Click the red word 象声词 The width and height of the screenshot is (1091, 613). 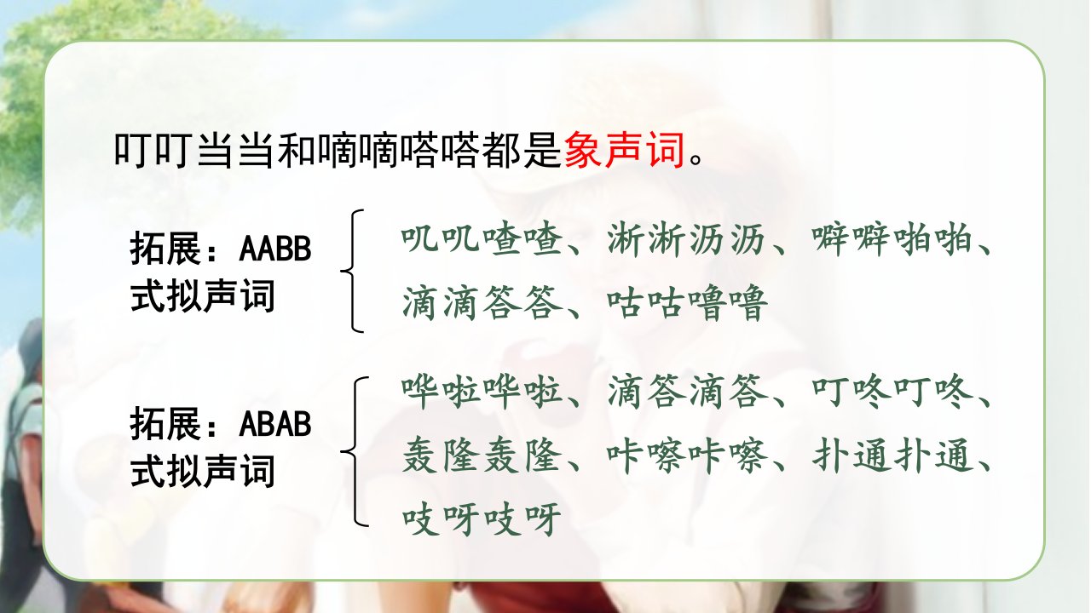[x=625, y=150]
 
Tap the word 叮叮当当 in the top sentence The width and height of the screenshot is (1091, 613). [x=193, y=150]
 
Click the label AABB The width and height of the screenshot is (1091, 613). [x=275, y=249]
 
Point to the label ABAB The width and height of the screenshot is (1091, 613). [x=275, y=424]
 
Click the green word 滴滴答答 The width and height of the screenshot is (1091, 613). [x=482, y=302]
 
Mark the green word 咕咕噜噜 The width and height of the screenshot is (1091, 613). [x=687, y=302]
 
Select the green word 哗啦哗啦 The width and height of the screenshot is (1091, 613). [x=482, y=392]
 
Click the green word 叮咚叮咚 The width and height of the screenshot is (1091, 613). [x=892, y=392]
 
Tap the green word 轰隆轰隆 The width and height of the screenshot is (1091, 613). [x=482, y=455]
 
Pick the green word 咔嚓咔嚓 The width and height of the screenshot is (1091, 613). [x=687, y=455]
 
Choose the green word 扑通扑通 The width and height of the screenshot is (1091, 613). [x=892, y=455]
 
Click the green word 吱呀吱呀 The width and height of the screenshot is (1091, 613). [x=482, y=519]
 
